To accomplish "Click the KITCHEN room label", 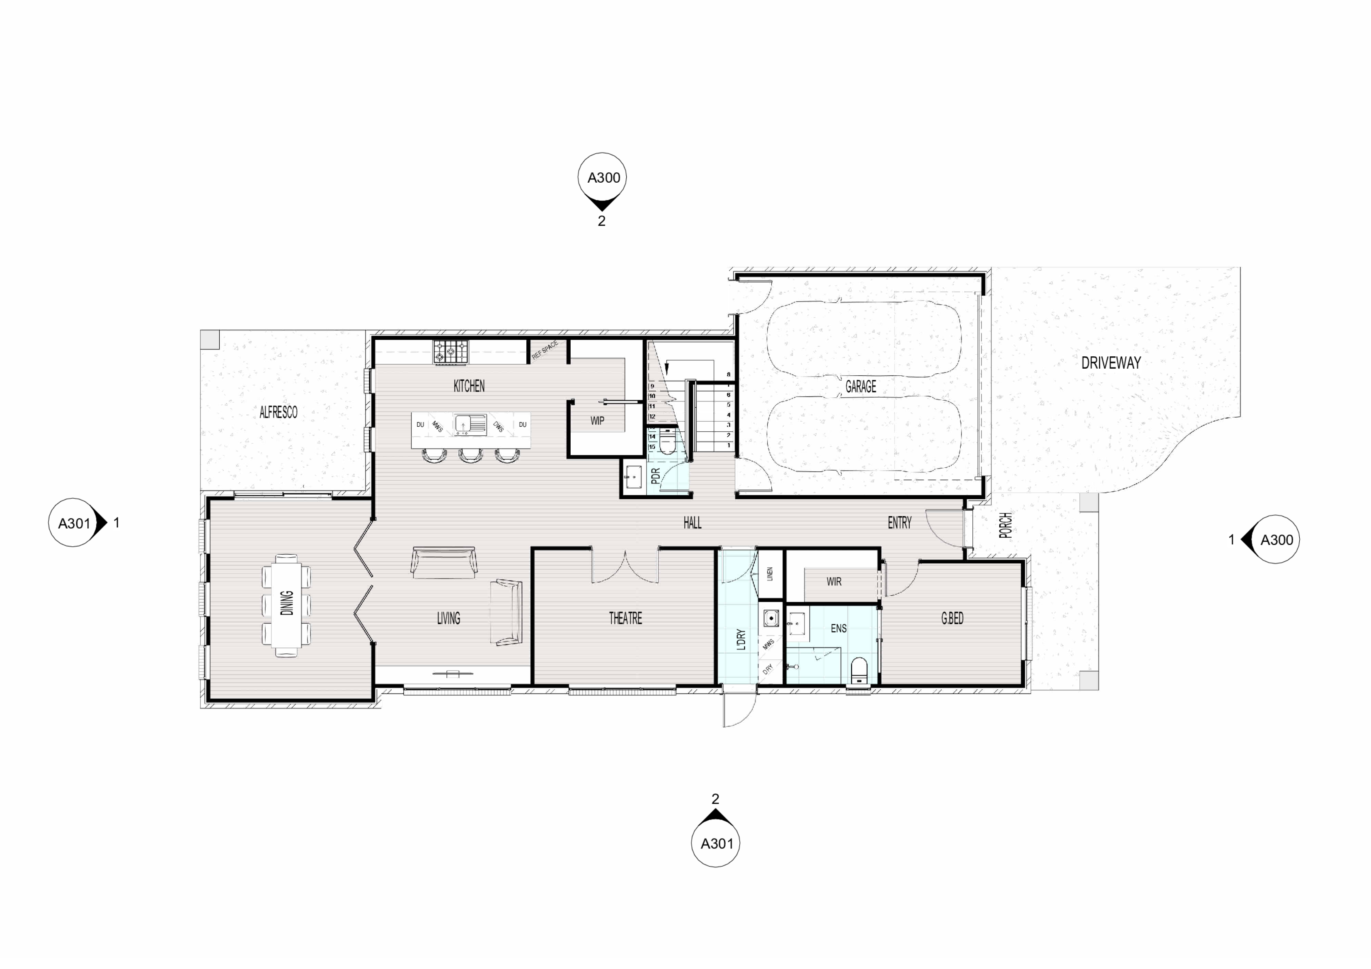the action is point(469,386).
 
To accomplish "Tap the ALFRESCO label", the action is point(278,412).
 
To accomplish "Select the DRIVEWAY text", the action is point(1111,362).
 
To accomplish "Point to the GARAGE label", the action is point(860,386).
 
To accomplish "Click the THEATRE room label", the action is point(625,618).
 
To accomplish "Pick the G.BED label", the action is point(952,618).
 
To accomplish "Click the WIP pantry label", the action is point(597,420).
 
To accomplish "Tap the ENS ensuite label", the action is point(838,628).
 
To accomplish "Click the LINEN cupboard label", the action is point(770,574).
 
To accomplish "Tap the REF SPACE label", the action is point(545,350).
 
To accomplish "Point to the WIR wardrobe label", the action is point(834,582).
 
